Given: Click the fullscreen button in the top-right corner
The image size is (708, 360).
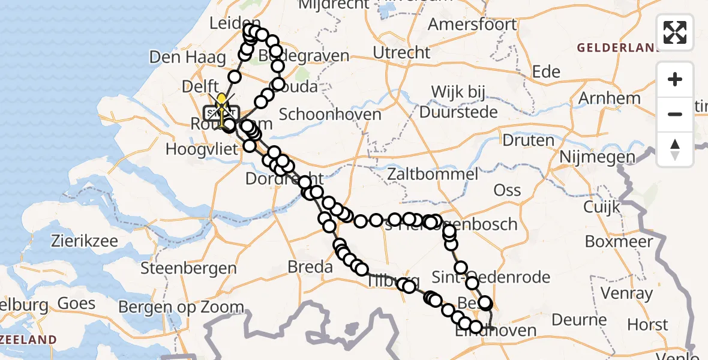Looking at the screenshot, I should (x=675, y=32).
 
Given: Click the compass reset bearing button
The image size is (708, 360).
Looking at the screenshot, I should (x=675, y=148).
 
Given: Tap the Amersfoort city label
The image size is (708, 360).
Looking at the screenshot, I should (x=473, y=25).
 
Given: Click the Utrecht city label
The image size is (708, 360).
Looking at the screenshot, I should (x=401, y=53).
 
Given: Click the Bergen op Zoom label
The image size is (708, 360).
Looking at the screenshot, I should (x=181, y=308).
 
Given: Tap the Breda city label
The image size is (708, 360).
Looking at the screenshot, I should (x=310, y=266).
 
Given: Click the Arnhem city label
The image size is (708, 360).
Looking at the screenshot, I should (x=607, y=97).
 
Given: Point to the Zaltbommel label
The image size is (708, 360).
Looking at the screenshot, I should (x=433, y=175).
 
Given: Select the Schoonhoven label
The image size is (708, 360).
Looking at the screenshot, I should (x=330, y=114).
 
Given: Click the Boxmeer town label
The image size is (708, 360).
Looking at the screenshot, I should (x=619, y=242).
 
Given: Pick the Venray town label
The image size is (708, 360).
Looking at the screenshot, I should (x=626, y=293).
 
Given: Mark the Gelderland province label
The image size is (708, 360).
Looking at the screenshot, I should (x=612, y=47).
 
